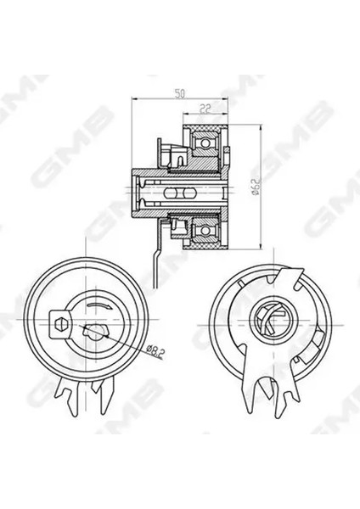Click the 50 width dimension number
click(179, 94)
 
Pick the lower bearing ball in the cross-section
click(205, 230)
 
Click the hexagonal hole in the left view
click(59, 323)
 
